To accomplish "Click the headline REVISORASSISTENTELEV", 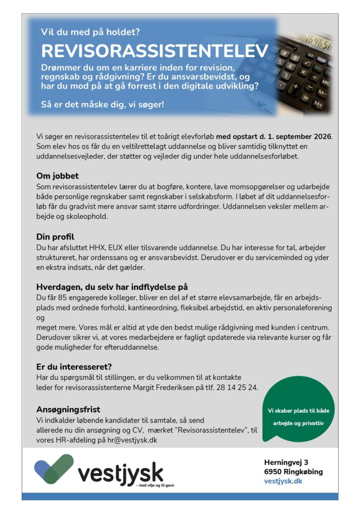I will (155, 51).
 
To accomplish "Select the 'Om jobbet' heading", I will (58, 176).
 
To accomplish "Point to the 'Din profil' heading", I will (55, 237).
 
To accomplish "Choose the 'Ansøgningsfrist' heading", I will (68, 409).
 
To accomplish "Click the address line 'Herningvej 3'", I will (286, 462).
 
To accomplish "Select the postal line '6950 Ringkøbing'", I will (293, 472).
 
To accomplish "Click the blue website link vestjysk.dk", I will (283, 481).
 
